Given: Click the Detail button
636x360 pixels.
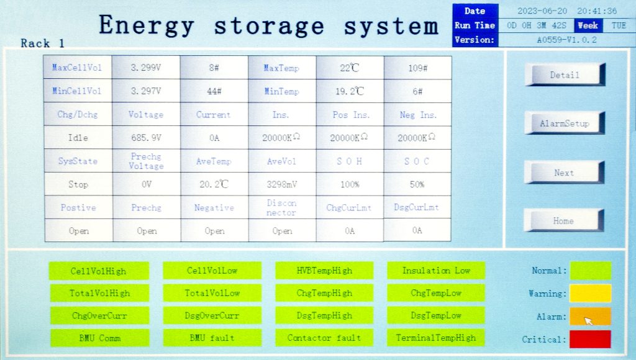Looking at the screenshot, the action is click(565, 74).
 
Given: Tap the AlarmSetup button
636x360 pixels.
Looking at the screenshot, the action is click(565, 123).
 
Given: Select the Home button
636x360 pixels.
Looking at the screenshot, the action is click(564, 220).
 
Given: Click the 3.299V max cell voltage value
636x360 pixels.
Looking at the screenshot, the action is click(145, 68).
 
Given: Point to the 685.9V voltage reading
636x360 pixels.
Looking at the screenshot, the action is click(146, 138).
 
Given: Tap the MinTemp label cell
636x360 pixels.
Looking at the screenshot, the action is click(282, 91).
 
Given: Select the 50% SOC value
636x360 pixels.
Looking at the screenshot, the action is click(417, 184).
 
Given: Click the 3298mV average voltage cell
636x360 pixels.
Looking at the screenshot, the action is click(282, 184).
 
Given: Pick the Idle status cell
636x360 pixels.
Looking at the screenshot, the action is click(78, 138).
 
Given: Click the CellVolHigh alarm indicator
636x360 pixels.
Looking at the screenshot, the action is click(99, 271).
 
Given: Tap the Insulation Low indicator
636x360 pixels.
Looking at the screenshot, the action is click(436, 271).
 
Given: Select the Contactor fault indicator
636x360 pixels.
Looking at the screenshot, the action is click(324, 338).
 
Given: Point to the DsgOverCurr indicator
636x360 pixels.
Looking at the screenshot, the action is click(212, 315).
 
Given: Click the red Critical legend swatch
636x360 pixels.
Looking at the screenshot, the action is click(590, 340).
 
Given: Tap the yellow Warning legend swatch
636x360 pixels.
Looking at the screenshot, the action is click(590, 293).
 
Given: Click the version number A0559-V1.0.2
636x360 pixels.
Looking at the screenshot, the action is click(566, 40).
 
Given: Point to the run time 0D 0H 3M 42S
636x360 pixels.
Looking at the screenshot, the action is click(536, 25).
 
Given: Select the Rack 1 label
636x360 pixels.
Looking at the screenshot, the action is click(43, 43).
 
